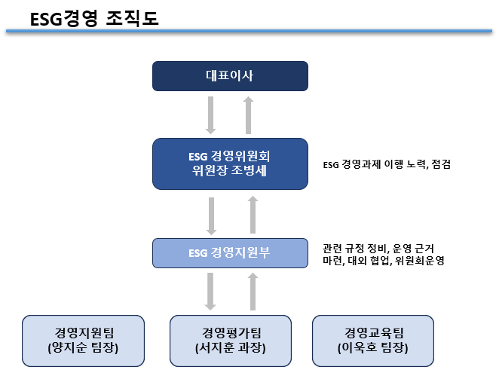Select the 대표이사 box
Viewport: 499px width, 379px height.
pos(230,75)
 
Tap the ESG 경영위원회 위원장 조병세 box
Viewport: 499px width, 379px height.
pos(230,164)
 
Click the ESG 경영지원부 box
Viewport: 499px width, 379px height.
pos(230,252)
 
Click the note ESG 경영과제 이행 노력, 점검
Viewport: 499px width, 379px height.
pos(375,164)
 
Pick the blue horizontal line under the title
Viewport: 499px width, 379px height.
pos(249,32)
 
